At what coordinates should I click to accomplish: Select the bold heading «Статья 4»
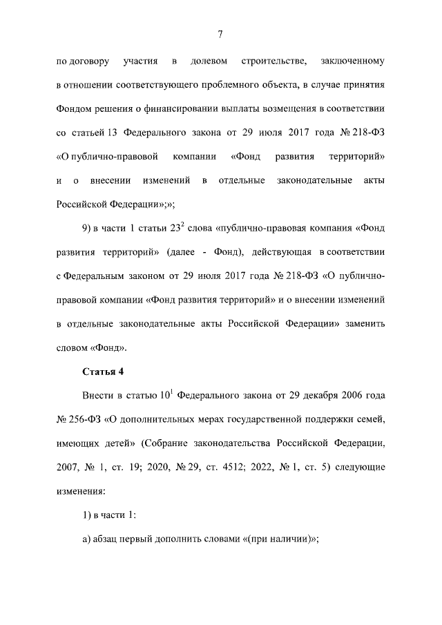(x=102, y=372)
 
